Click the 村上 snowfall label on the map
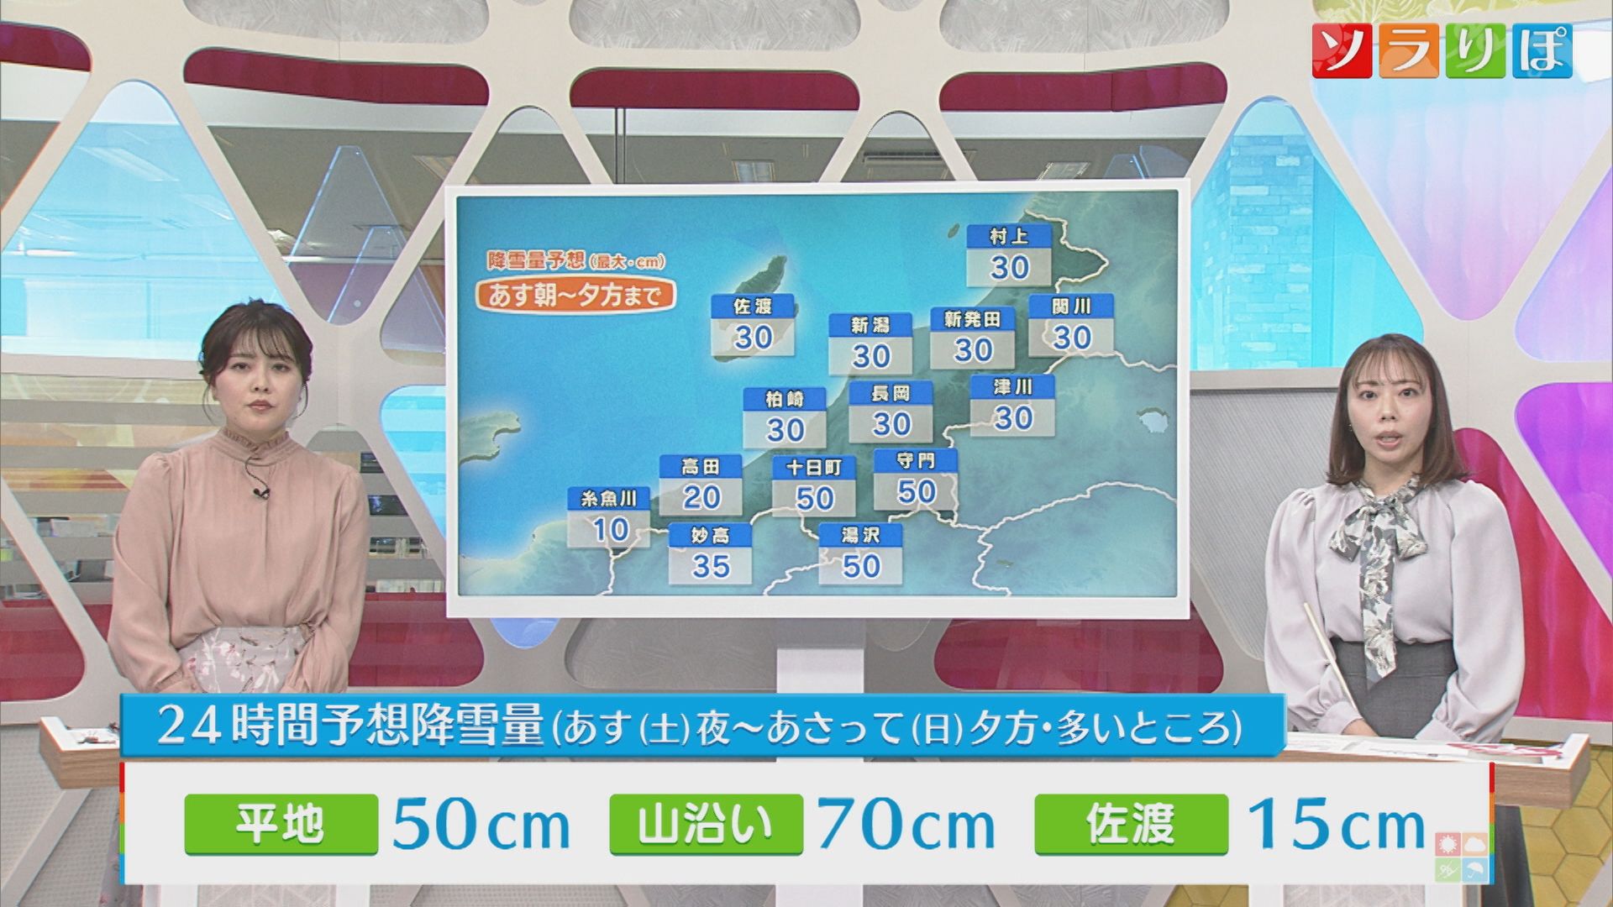point(1008,236)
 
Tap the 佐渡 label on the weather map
point(753,307)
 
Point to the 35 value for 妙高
point(710,566)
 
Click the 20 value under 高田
point(701,497)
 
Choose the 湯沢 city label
point(860,535)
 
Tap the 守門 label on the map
point(915,461)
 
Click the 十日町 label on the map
point(813,468)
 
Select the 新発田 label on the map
point(972,320)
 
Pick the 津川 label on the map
point(1012,387)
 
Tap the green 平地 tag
point(280,824)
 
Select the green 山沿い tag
point(706,824)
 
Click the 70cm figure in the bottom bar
point(906,826)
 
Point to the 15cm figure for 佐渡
point(1336,826)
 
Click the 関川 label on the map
point(1071,307)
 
